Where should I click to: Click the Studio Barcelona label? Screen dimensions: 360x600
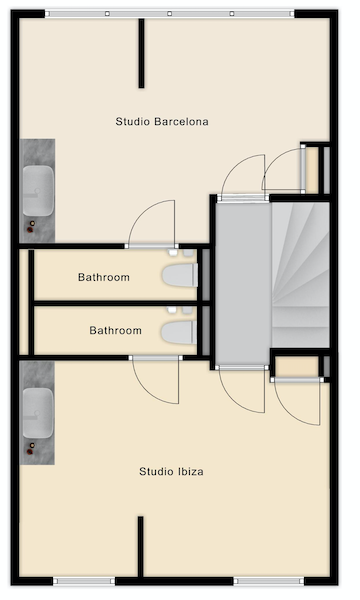pos(162,122)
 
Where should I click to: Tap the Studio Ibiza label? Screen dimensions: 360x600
pos(171,471)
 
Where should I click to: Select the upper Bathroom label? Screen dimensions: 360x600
pos(104,277)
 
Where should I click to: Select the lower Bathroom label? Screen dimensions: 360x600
pos(115,330)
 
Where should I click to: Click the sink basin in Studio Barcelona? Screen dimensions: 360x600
pos(38,191)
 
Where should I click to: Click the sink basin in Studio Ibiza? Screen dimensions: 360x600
pos(38,413)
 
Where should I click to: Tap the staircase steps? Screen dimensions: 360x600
pos(300,275)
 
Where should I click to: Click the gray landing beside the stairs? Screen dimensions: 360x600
pos(243,283)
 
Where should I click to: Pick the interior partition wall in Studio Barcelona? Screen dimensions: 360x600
pos(141,53)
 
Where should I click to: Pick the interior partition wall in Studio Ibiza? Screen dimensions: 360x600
pos(140,546)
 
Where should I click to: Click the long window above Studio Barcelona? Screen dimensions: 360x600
pos(169,14)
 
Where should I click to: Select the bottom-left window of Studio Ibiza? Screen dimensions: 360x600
pos(84,581)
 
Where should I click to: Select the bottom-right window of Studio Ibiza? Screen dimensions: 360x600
pos(269,581)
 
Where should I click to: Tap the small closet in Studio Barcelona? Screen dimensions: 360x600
pos(312,170)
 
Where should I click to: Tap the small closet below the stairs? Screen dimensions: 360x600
pos(297,367)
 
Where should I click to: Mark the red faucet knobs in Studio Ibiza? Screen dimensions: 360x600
pos(31,448)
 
